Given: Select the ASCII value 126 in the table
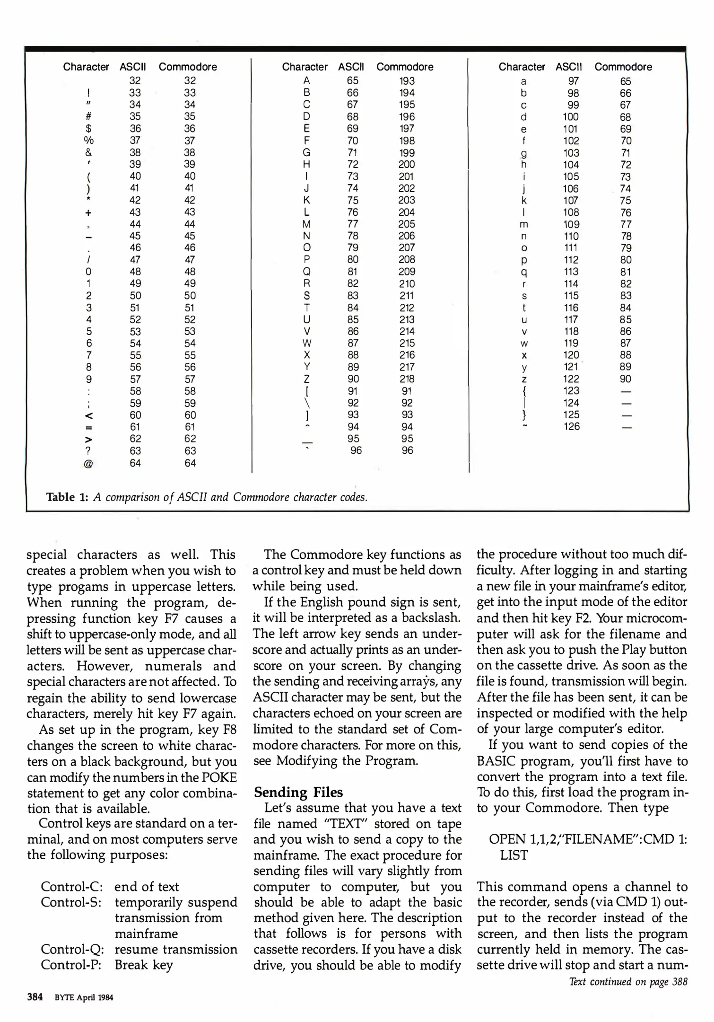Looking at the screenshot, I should click(571, 426).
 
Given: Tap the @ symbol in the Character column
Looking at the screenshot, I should click(88, 464).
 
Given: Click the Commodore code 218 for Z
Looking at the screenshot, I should click(406, 379).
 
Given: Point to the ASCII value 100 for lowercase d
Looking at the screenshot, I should click(570, 117).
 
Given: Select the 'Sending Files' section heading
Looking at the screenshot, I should click(298, 792).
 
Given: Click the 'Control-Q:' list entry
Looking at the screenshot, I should click(72, 949).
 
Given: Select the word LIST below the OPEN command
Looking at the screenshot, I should click(514, 855).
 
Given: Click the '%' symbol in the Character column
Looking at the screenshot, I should click(88, 141).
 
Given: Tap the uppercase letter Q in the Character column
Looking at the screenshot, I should click(306, 272).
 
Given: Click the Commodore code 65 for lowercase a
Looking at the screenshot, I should click(625, 81).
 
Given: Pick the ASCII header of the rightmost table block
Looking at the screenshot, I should click(569, 67).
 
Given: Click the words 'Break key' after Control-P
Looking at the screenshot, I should click(144, 965).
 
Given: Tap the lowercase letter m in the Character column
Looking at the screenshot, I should click(524, 225).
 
